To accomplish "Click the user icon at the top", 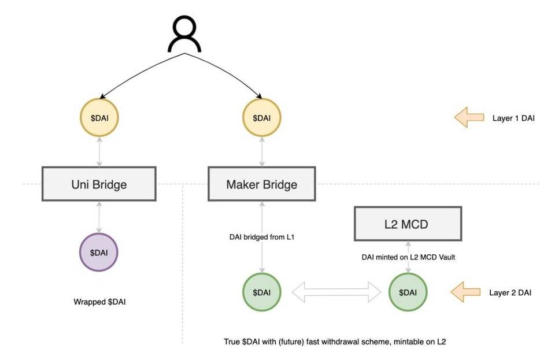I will [184, 34].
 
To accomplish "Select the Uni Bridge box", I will [99, 184].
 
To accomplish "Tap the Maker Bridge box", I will [262, 184].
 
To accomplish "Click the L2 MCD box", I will [408, 224].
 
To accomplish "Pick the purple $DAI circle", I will [99, 253].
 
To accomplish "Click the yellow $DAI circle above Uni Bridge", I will [99, 118].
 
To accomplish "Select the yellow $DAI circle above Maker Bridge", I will [262, 118].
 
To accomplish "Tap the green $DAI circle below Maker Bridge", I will [262, 292].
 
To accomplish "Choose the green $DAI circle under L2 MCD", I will [408, 292].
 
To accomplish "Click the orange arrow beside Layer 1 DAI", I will [469, 118].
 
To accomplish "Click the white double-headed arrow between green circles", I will [335, 292].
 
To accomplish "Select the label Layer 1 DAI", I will [514, 118].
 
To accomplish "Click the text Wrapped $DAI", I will [99, 302].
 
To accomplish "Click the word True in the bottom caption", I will [232, 342].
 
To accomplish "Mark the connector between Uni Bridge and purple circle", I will [99, 217].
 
